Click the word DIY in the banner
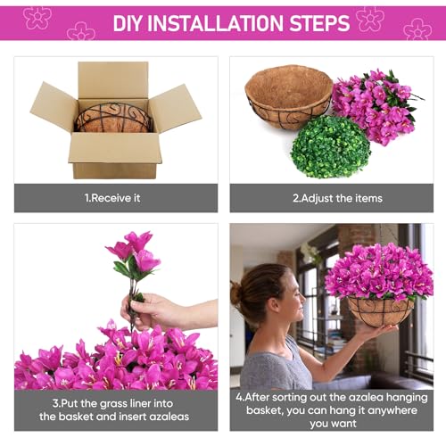tap(128, 23)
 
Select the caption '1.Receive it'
tap(112, 198)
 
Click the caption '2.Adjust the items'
tap(337, 198)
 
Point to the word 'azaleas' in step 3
tap(169, 417)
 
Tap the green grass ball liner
tap(331, 147)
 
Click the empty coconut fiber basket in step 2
tap(288, 96)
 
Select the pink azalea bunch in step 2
tap(376, 107)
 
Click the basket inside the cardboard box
tap(114, 118)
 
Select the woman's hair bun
tap(235, 293)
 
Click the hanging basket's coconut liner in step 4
tap(381, 311)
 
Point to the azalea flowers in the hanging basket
tap(379, 272)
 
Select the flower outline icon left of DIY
tap(81, 31)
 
